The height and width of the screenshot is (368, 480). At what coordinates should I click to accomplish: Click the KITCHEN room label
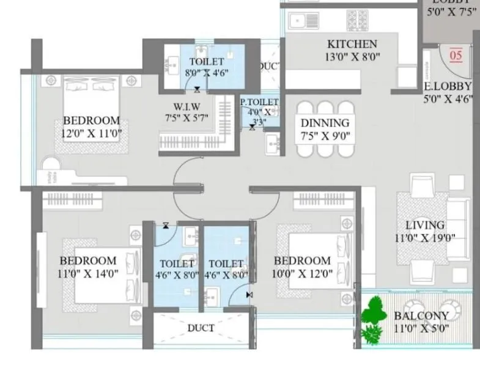(x=352, y=44)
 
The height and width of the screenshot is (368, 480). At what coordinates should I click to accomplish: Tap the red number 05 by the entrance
(x=456, y=56)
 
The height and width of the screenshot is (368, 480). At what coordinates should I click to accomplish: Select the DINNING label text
(x=325, y=123)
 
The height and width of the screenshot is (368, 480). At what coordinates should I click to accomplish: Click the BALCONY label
(x=421, y=315)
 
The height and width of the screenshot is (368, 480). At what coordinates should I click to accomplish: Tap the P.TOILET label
(x=259, y=102)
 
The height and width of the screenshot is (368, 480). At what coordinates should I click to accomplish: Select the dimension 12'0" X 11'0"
(x=91, y=133)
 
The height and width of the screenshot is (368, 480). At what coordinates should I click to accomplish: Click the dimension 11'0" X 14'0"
(x=87, y=273)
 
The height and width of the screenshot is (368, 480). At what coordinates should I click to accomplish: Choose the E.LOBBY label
(x=448, y=86)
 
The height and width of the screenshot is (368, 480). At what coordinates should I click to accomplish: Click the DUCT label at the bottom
(x=201, y=328)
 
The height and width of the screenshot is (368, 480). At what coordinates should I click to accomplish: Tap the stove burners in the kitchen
(x=358, y=20)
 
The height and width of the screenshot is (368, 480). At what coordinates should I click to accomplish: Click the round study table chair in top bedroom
(x=50, y=167)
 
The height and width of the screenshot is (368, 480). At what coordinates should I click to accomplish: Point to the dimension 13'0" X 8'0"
(x=352, y=57)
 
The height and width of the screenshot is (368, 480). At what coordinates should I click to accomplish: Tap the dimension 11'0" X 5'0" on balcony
(x=421, y=328)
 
